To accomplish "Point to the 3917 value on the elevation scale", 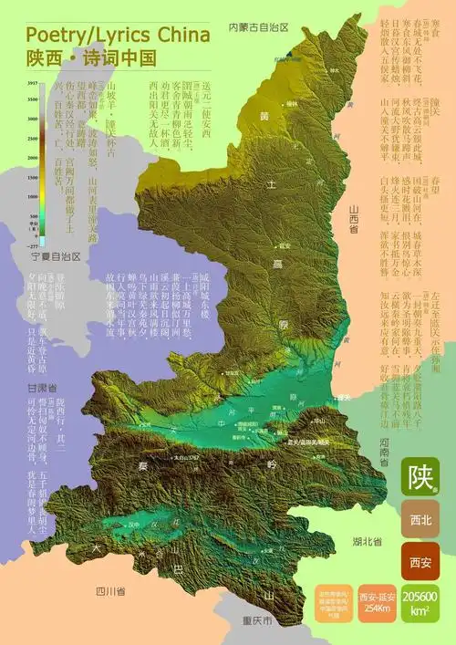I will [x=31, y=83].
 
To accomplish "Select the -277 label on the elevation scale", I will [x=31, y=245].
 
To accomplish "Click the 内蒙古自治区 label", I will [x=258, y=27].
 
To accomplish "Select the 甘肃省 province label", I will [x=38, y=387].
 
